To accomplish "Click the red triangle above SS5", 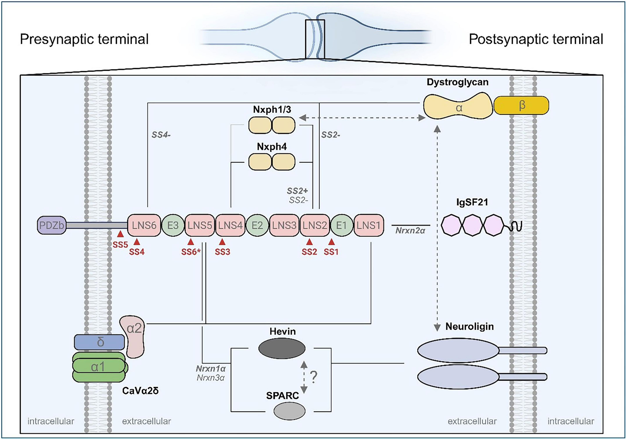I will tap(120, 234).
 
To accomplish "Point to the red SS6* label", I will tap(191, 252).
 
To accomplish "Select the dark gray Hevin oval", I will tap(282, 348).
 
